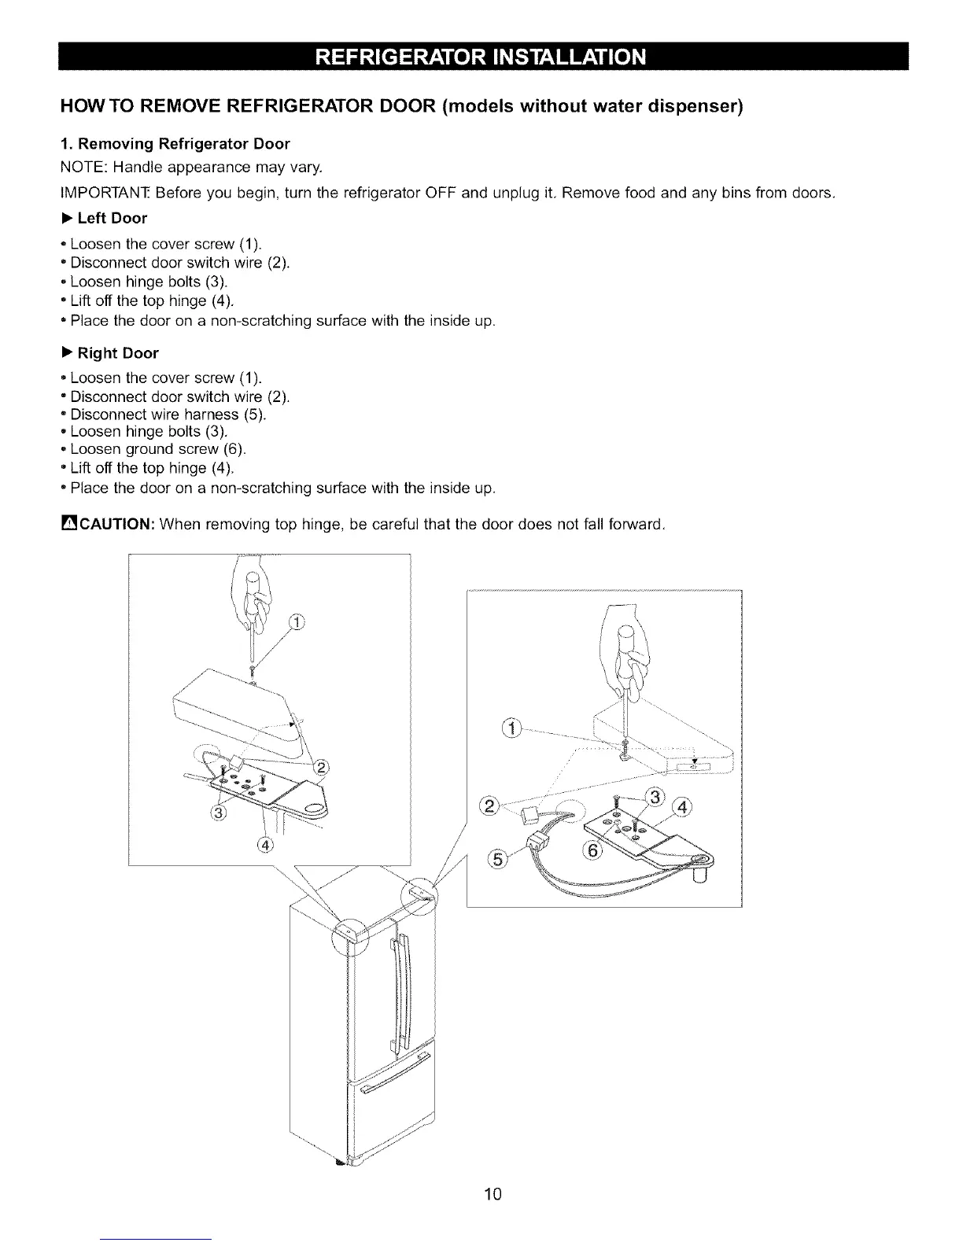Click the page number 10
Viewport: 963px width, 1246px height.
(493, 1195)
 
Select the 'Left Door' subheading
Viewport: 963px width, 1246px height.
(112, 218)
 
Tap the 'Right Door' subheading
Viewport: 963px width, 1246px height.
(117, 353)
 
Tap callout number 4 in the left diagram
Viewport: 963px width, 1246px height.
(264, 845)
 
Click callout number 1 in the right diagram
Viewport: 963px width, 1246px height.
(512, 727)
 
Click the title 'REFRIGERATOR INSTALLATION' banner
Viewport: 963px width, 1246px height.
(481, 57)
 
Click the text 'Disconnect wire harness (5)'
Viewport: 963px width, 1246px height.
(168, 414)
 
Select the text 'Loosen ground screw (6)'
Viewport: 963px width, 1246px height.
(157, 449)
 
